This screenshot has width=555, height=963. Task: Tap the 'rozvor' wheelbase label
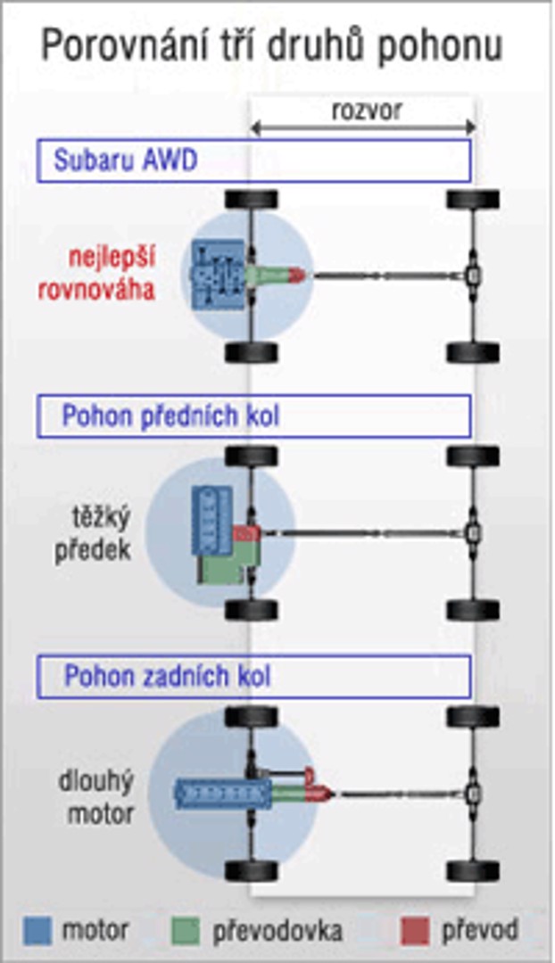[x=366, y=111]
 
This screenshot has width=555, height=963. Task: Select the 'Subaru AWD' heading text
[x=125, y=161]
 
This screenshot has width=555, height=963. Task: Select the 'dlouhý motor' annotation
[x=99, y=798]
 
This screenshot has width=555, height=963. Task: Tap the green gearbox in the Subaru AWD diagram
[x=268, y=275]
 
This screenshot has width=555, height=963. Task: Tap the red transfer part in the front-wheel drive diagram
[x=245, y=534]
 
